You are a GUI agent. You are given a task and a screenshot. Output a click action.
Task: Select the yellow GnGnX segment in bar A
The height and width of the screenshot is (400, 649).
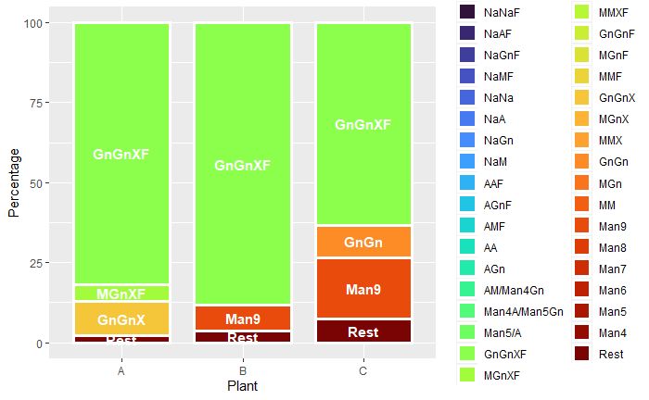coord(121,319)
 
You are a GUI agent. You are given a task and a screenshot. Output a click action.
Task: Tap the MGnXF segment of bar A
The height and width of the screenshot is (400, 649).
coord(121,293)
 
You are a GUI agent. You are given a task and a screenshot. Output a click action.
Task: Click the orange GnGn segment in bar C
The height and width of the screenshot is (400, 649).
coord(363,242)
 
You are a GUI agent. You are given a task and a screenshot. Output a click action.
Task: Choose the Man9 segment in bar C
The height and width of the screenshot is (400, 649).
coord(363,289)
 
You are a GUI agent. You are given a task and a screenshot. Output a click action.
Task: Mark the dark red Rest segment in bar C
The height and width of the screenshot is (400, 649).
coord(363,331)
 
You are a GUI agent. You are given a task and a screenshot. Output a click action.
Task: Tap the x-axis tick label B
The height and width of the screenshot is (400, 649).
coord(242,370)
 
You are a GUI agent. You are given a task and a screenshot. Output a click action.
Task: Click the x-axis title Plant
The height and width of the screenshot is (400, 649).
coord(242,385)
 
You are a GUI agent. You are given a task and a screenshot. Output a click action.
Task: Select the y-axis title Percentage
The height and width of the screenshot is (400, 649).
coord(13,183)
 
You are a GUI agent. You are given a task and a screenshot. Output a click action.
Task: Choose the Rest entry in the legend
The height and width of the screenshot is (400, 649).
coord(611,354)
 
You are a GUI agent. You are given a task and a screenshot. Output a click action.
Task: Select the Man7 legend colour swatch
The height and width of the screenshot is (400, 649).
coord(584,269)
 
